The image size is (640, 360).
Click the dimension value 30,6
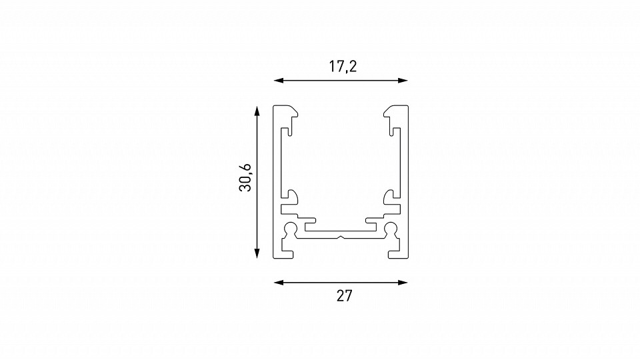tap(246, 178)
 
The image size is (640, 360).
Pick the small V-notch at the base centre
tap(341, 236)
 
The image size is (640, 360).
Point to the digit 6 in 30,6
tap(246, 166)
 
